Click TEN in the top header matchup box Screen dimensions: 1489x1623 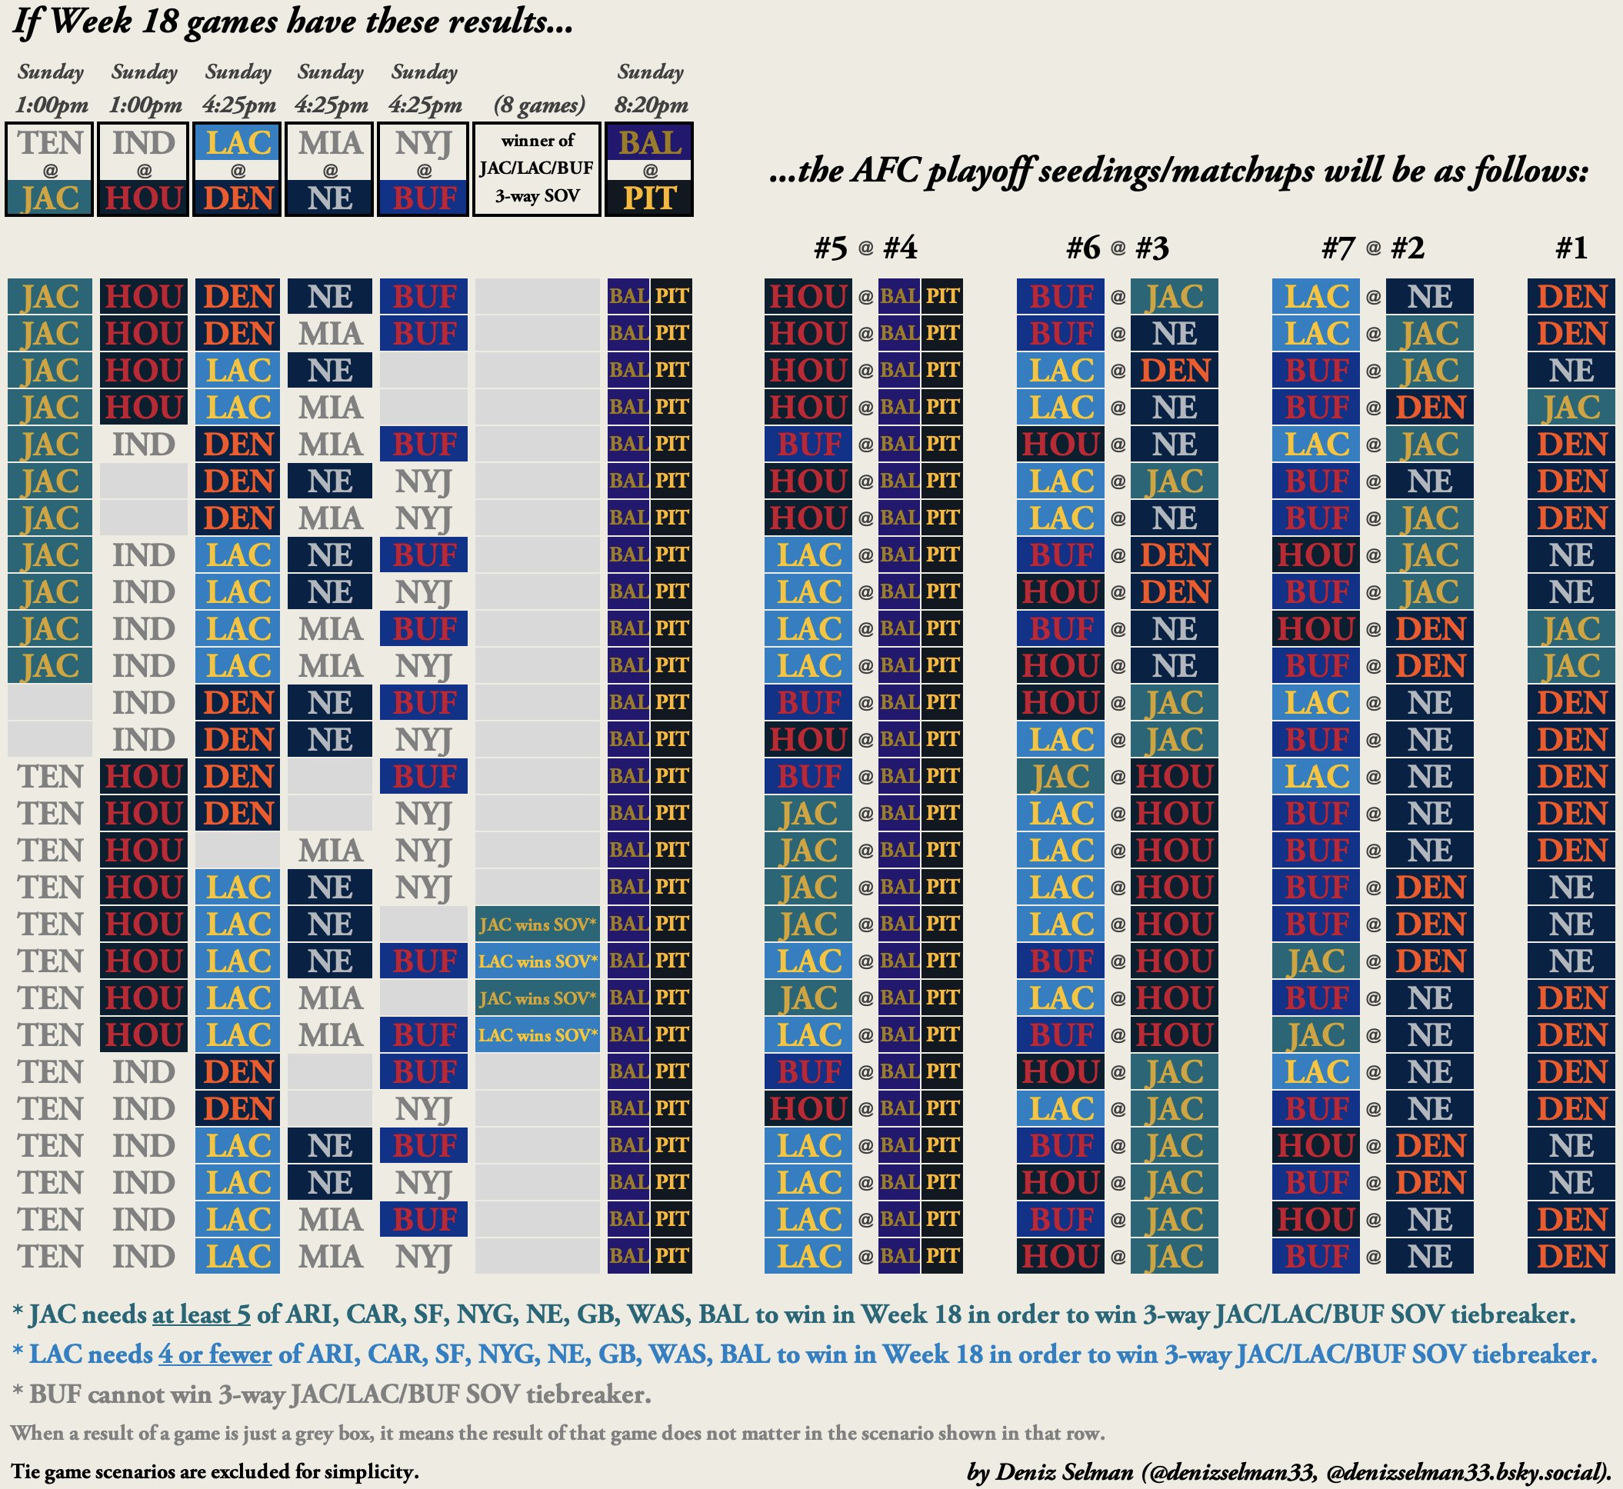coord(50,143)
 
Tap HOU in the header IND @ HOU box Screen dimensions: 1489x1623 coord(143,198)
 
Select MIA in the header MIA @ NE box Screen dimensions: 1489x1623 coord(331,143)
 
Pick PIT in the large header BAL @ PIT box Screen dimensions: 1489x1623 coord(649,198)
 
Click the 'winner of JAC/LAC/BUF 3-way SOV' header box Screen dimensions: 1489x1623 coord(537,168)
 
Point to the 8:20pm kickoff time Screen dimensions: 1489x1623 coord(650,105)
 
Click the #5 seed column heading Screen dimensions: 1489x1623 coord(830,248)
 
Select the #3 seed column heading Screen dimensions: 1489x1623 coord(1152,248)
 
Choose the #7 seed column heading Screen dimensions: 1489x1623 coord(1338,248)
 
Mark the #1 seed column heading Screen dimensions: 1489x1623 coord(1571,248)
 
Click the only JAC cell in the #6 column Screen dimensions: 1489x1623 coord(1061,776)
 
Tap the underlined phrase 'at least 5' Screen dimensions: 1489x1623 coord(201,1314)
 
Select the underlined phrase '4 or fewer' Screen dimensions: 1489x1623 coord(215,1354)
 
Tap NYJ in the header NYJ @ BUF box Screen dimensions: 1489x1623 coord(424,143)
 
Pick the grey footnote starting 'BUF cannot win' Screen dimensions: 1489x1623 coord(332,1394)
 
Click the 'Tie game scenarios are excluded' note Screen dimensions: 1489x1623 coord(215,1472)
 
